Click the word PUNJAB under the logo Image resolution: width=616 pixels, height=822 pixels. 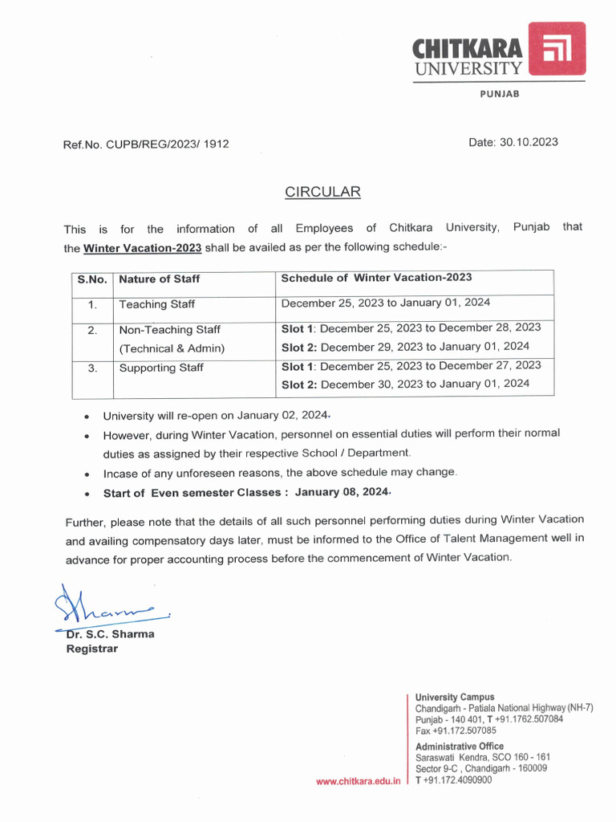pos(500,94)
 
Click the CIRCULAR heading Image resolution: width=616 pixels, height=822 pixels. pos(323,192)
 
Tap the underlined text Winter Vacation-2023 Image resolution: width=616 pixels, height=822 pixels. pos(142,247)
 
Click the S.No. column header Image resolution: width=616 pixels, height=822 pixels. pos(92,279)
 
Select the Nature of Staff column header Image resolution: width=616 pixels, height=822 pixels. pos(160,279)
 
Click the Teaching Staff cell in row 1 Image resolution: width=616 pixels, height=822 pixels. pos(156,304)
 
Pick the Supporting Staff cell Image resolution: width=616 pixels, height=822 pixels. pos(161,368)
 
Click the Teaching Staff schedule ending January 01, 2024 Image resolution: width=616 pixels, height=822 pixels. pos(386,303)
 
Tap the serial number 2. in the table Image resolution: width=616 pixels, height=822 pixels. pos(92,330)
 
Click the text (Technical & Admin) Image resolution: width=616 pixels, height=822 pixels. pos(172,348)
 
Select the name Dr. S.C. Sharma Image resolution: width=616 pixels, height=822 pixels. pos(110,634)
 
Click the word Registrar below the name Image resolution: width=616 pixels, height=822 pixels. pos(91,649)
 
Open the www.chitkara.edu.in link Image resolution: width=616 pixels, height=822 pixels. pos(358,781)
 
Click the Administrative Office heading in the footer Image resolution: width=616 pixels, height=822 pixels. pos(460,746)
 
